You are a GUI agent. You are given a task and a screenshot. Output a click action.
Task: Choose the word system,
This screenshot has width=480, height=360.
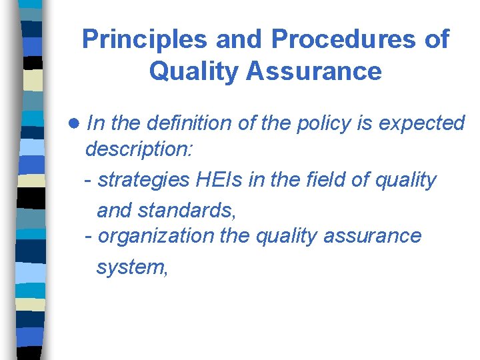(131, 267)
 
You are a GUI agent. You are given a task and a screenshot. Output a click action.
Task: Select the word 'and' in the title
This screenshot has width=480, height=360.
(245, 40)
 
